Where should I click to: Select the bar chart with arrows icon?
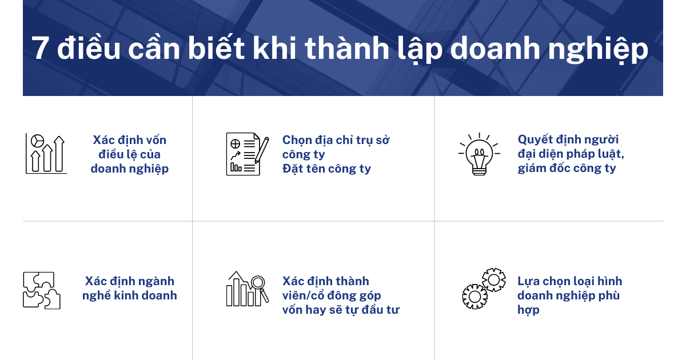pos(46,153)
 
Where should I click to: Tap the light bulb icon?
pos(479,153)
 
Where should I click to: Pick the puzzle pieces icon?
pos(42,290)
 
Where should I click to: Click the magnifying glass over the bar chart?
pos(259,283)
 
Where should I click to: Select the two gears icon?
pos(484,289)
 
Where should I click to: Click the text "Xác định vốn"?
pos(130,140)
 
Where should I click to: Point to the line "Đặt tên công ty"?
pos(326,169)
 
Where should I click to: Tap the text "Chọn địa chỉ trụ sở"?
pos(336,140)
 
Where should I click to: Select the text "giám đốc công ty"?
pos(567,169)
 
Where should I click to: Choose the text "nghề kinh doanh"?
pos(130,295)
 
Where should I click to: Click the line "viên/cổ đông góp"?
pos(332,295)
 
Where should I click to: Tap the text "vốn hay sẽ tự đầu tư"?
pos(341,310)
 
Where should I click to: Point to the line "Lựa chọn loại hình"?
pos(570,281)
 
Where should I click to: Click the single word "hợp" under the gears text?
pos(528,310)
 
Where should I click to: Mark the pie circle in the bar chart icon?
pos(38,140)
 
